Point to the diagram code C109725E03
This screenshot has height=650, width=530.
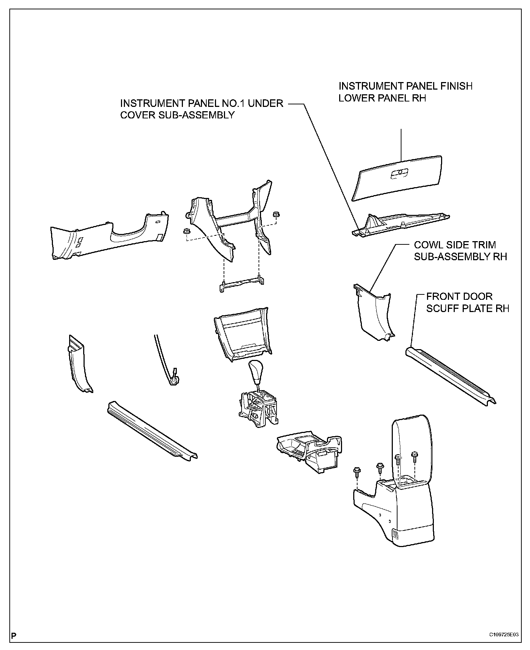click(x=504, y=635)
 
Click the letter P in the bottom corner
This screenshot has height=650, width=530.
click(x=14, y=635)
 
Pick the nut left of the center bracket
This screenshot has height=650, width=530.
click(x=187, y=231)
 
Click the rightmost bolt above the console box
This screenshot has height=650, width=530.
click(x=414, y=456)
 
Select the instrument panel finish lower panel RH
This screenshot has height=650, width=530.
click(x=396, y=178)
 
